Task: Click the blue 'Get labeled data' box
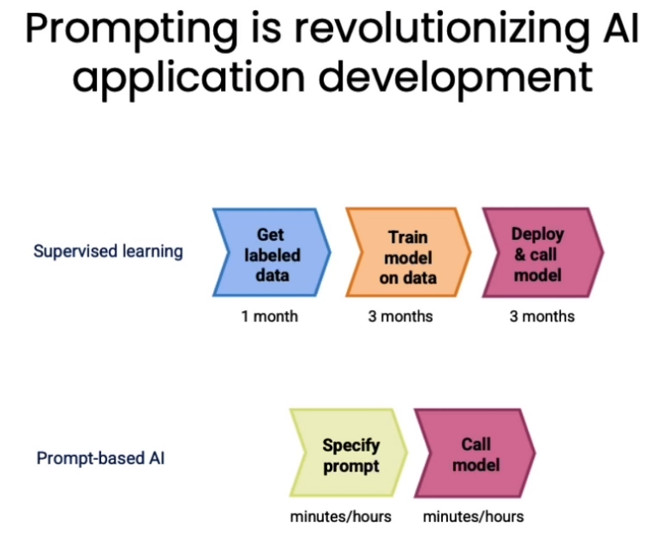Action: click(272, 253)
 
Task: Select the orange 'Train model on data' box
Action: click(408, 253)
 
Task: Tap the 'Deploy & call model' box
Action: click(542, 253)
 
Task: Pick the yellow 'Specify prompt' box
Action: click(349, 453)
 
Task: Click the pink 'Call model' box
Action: click(475, 453)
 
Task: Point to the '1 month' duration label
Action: click(269, 316)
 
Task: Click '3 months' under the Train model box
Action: click(400, 316)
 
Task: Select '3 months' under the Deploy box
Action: click(541, 316)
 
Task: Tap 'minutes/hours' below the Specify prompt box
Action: click(340, 517)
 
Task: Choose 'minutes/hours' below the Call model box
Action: click(473, 517)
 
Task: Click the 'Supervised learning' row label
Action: click(108, 251)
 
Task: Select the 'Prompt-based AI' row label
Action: click(101, 458)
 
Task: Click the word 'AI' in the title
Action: click(621, 28)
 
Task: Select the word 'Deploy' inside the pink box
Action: click(537, 234)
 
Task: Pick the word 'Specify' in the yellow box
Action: click(351, 445)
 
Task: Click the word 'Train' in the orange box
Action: click(408, 237)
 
